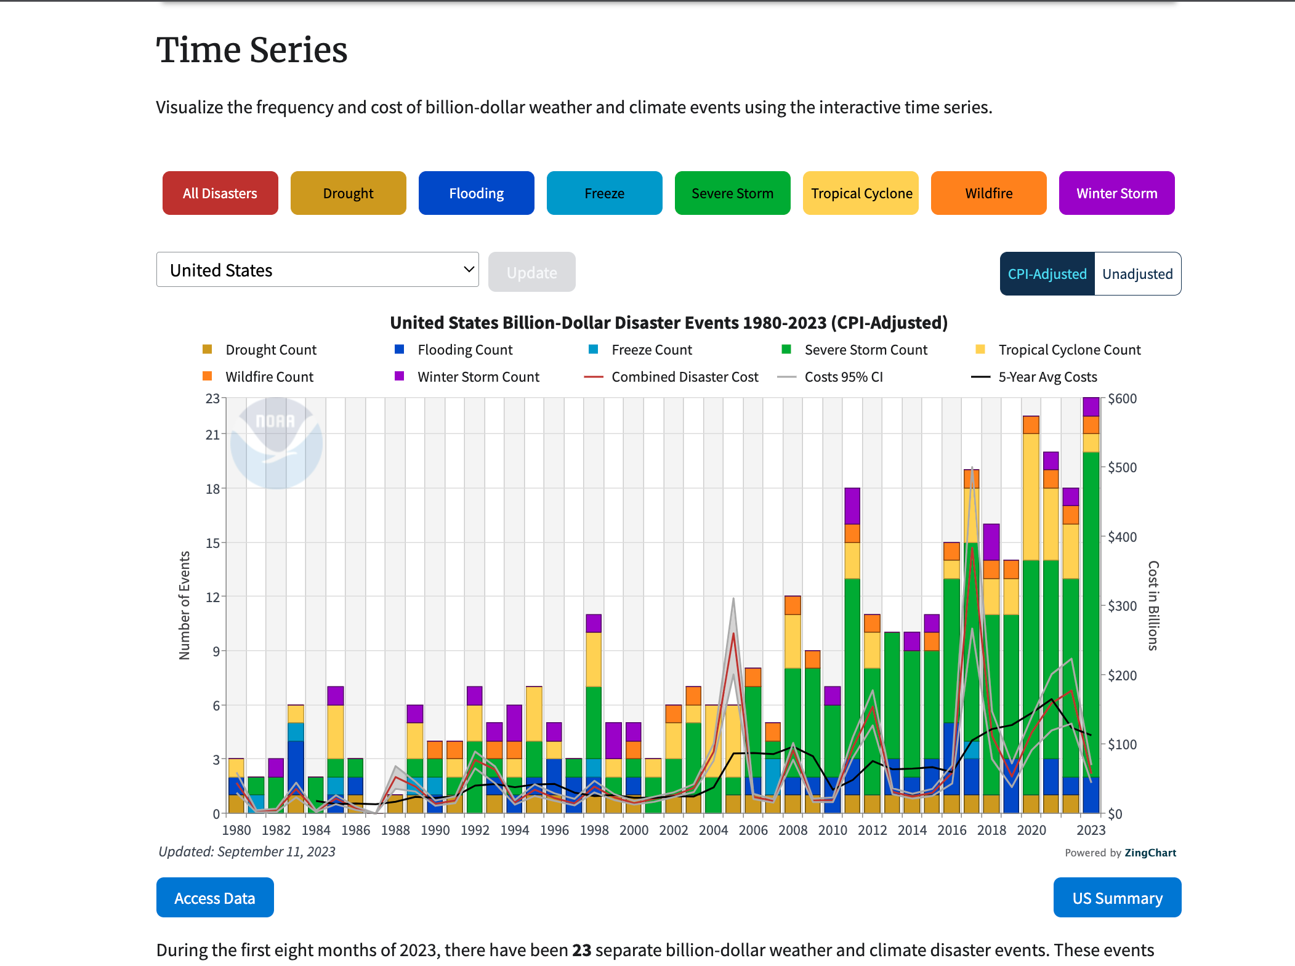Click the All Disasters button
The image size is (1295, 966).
pyautogui.click(x=220, y=193)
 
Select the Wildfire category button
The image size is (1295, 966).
pyautogui.click(x=988, y=193)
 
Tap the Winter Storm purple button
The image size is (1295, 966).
pyautogui.click(x=1116, y=193)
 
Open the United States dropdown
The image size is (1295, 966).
pyautogui.click(x=317, y=270)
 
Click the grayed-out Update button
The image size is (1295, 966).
pyautogui.click(x=531, y=272)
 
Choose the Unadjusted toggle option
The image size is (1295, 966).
pyautogui.click(x=1137, y=274)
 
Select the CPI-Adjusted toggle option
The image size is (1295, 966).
pyautogui.click(x=1047, y=274)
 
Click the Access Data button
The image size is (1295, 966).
pyautogui.click(x=215, y=898)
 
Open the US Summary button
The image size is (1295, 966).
pyautogui.click(x=1117, y=898)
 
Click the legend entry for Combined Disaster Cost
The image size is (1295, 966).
pyautogui.click(x=684, y=377)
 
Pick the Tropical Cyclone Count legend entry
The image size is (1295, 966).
pyautogui.click(x=1069, y=350)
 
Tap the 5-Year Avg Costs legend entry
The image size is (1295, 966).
pyautogui.click(x=1047, y=377)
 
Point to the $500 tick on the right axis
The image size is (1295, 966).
pyautogui.click(x=1122, y=467)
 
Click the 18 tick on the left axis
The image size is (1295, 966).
pyautogui.click(x=212, y=489)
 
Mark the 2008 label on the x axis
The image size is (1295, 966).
pyautogui.click(x=793, y=830)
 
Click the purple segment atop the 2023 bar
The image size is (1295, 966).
pyautogui.click(x=1091, y=406)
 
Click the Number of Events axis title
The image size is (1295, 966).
pyautogui.click(x=185, y=605)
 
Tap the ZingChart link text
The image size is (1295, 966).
pyautogui.click(x=1150, y=853)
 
